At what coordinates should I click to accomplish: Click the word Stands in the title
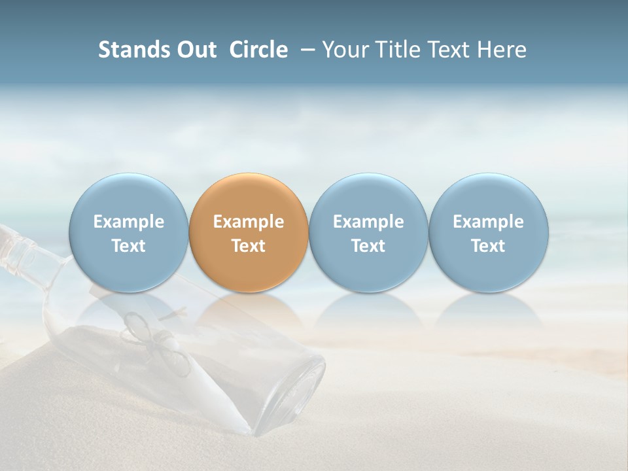point(134,50)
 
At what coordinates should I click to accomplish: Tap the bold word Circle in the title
point(258,50)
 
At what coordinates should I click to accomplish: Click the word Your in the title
point(344,50)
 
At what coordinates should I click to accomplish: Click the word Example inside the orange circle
point(249,222)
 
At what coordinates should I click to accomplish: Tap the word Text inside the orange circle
point(249,246)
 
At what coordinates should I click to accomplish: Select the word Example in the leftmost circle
point(129,222)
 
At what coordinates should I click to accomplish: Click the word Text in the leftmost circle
point(129,246)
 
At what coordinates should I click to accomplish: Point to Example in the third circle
point(368,222)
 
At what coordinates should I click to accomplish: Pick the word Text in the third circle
point(368,246)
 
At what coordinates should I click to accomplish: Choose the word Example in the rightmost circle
point(488,222)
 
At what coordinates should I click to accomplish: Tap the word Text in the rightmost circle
point(488,246)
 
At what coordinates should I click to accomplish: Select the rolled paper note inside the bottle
point(196,379)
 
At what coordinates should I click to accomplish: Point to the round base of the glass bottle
point(298,392)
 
